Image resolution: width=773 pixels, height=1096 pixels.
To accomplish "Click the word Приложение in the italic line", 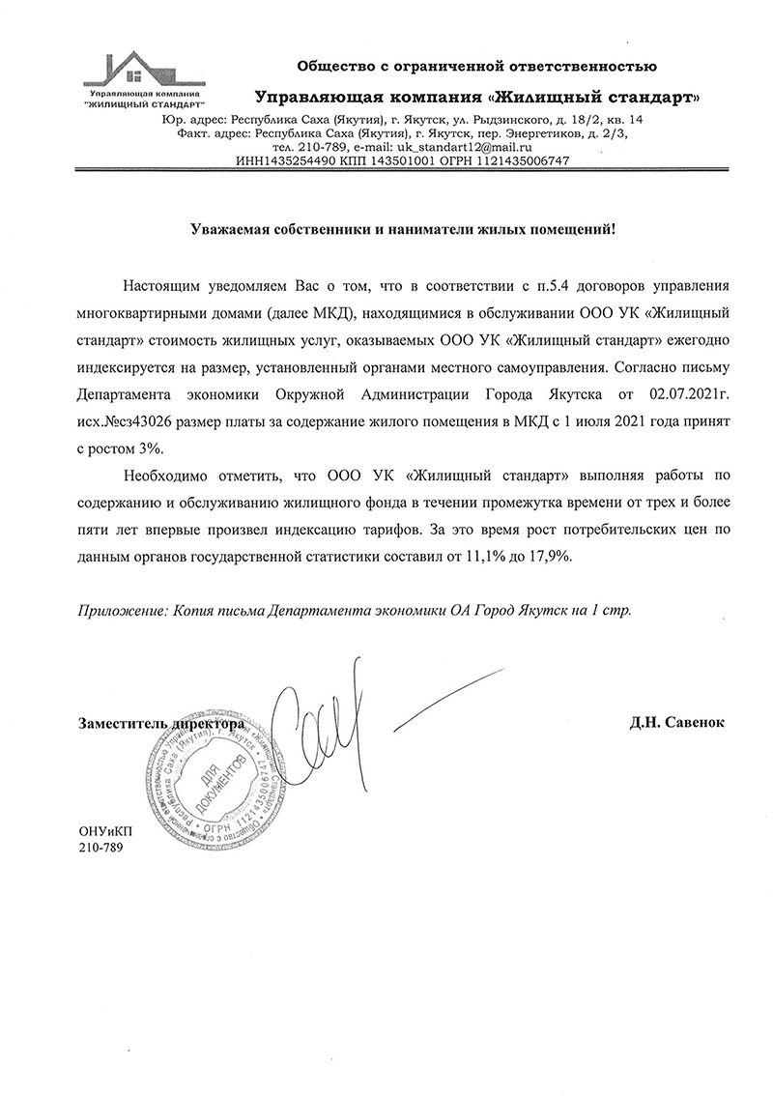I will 118,612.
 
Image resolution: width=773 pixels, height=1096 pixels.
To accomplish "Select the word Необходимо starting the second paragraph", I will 166,476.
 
